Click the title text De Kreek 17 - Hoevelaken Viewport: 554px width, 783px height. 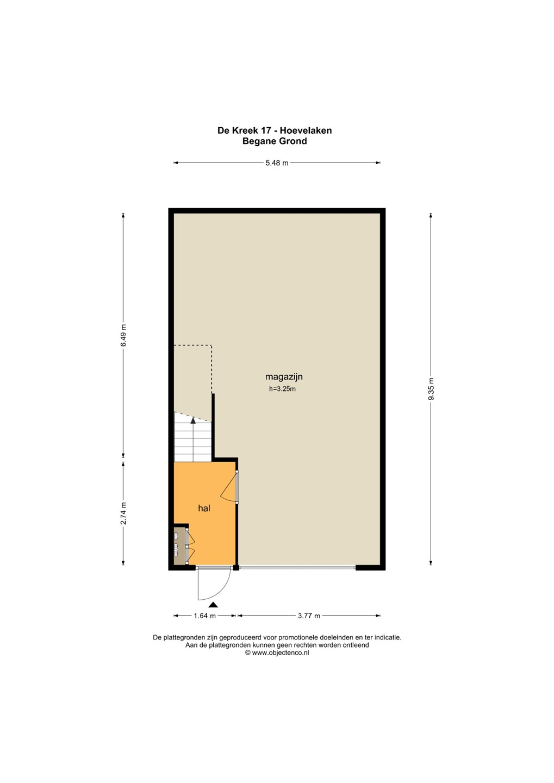(275, 130)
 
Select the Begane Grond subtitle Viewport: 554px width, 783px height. (275, 141)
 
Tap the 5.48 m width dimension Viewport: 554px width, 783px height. (277, 163)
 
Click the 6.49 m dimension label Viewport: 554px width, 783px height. (123, 335)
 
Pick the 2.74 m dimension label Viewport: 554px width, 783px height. (123, 513)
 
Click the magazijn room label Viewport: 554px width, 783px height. (284, 377)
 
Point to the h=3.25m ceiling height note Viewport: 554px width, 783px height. (282, 389)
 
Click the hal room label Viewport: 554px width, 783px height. (204, 508)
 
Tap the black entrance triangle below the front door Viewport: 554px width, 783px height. (213, 605)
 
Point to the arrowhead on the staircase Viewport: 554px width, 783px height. (193, 420)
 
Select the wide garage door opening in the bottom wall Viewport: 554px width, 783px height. (297, 568)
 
